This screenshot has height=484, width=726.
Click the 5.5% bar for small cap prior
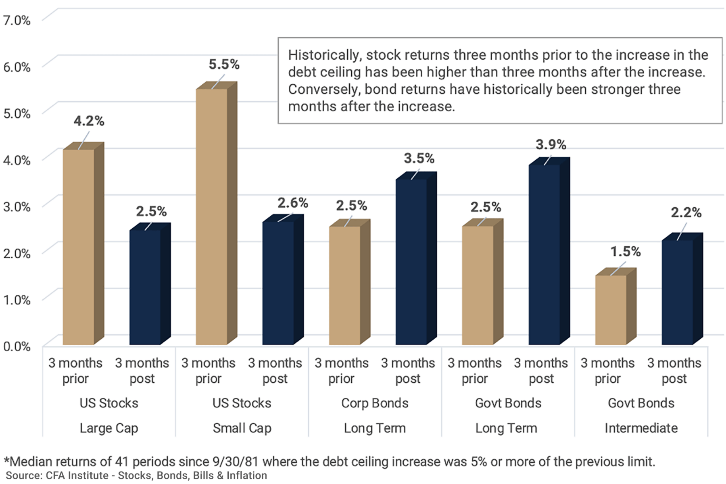212,218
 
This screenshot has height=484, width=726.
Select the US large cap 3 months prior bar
79,246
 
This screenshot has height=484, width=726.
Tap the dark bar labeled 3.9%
544,254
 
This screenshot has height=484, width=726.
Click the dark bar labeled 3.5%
411,262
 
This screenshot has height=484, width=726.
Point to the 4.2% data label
89,121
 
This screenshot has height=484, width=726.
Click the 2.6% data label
292,203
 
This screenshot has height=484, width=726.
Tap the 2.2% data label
686,213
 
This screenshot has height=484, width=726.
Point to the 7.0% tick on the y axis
17,20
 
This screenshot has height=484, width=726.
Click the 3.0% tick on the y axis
17,207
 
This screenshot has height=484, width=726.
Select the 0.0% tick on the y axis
17,346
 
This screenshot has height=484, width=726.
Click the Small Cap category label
242,428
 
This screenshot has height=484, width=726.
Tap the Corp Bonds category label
375,403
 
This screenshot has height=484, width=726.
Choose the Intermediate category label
641,428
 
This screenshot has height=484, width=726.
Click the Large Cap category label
109,428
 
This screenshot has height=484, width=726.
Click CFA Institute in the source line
77,476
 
